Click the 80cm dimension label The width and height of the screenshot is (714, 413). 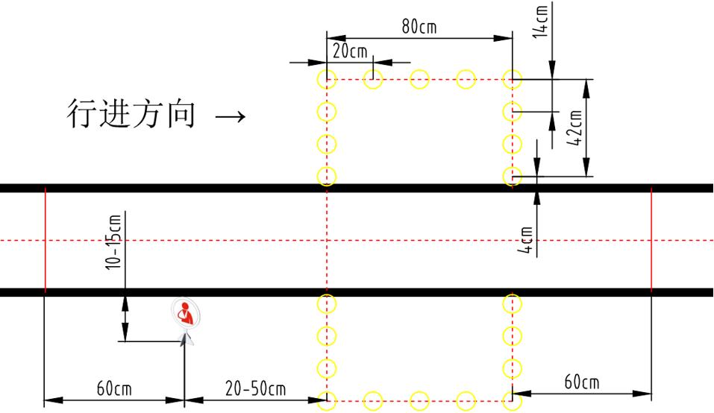point(419,27)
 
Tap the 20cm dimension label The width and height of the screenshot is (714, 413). point(350,51)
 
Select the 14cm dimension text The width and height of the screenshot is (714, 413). point(542,20)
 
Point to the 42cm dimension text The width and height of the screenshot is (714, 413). point(575,128)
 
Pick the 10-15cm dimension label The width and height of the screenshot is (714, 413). point(113,242)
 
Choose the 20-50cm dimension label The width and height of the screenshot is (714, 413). point(255,388)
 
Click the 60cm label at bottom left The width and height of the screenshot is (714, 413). point(114,388)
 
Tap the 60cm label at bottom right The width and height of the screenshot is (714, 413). point(581,382)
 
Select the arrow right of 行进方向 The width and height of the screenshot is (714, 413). point(230,116)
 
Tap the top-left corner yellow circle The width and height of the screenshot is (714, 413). point(327,79)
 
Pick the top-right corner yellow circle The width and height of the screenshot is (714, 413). point(512,79)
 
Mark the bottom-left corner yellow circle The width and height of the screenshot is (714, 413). point(327,400)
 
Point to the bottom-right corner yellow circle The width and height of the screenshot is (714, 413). point(512,400)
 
